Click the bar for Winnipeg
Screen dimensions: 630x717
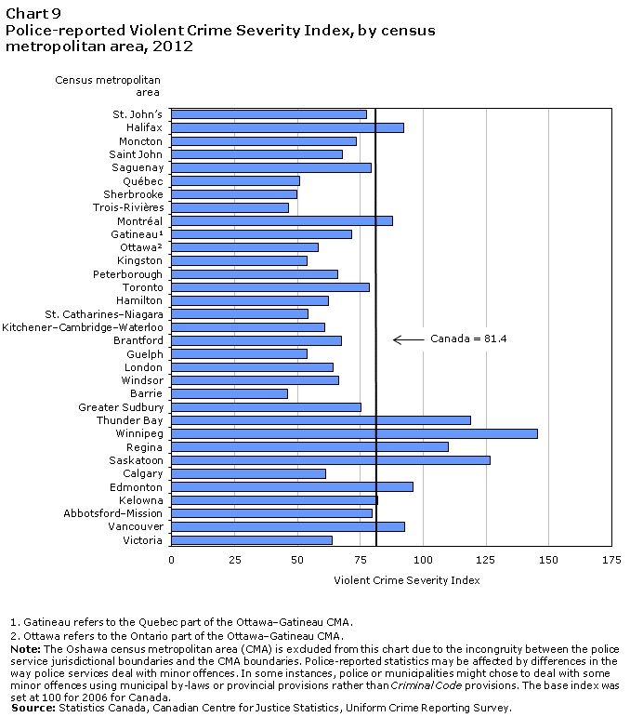click(x=354, y=433)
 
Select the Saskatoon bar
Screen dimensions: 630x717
click(x=331, y=460)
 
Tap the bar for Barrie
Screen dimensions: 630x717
click(x=230, y=393)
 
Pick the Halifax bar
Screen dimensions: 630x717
click(x=287, y=127)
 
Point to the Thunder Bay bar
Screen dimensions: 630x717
click(x=321, y=420)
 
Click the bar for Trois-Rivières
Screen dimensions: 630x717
click(x=230, y=207)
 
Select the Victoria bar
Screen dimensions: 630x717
click(x=252, y=540)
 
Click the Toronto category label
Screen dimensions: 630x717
click(x=142, y=287)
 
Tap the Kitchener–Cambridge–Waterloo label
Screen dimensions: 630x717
click(x=83, y=327)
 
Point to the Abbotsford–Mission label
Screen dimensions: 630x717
click(x=112, y=513)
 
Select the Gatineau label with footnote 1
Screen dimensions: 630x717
click(x=137, y=234)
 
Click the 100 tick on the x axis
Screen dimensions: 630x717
click(x=423, y=560)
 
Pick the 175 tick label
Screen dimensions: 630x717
click(x=611, y=560)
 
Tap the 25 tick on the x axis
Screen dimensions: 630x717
click(x=234, y=560)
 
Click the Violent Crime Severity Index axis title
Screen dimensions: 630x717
click(x=407, y=580)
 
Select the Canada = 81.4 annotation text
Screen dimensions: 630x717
click(x=468, y=339)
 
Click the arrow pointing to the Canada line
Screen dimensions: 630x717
click(x=409, y=339)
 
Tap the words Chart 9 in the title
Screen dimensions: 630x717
click(x=33, y=14)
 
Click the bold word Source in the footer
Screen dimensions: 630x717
click(x=33, y=708)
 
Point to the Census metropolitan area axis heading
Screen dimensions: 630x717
click(x=108, y=86)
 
